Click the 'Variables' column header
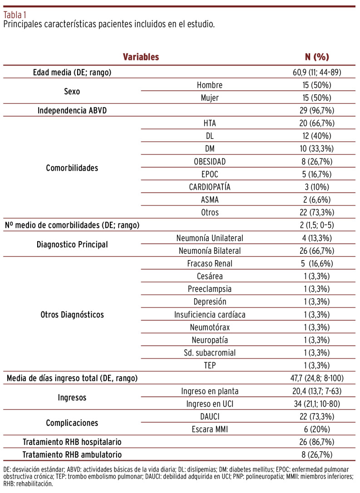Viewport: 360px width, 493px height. (141, 57)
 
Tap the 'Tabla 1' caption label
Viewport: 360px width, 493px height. (15, 14)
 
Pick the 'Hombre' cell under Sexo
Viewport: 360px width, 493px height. (210, 85)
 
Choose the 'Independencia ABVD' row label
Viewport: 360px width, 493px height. (73, 110)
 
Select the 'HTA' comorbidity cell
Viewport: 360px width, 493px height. (210, 123)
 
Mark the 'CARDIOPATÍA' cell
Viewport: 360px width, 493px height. (210, 187)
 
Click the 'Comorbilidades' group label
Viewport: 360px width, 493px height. (73, 168)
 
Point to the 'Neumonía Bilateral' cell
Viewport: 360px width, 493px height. (210, 251)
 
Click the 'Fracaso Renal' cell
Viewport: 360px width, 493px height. (210, 264)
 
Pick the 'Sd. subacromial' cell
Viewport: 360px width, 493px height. (210, 353)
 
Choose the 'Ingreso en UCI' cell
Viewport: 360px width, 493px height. (210, 404)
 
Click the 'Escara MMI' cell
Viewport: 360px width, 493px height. (210, 429)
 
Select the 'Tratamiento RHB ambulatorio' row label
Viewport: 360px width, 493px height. (73, 454)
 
